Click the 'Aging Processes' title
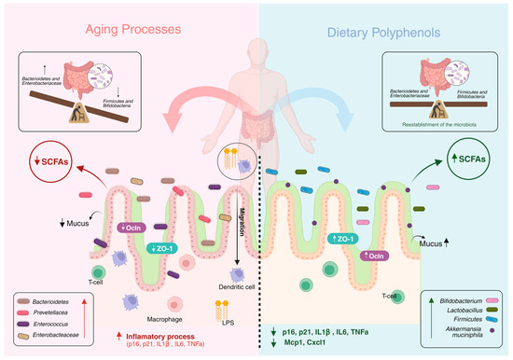point(128,31)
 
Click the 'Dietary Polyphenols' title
point(384,31)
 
